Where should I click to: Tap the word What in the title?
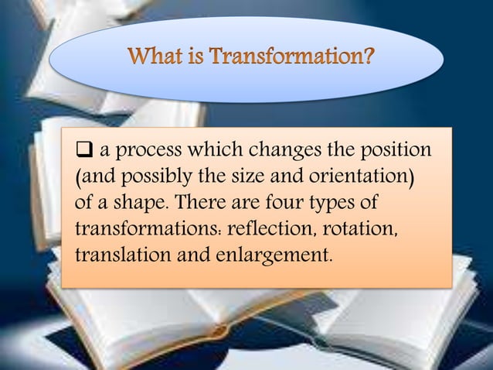pos(151,57)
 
